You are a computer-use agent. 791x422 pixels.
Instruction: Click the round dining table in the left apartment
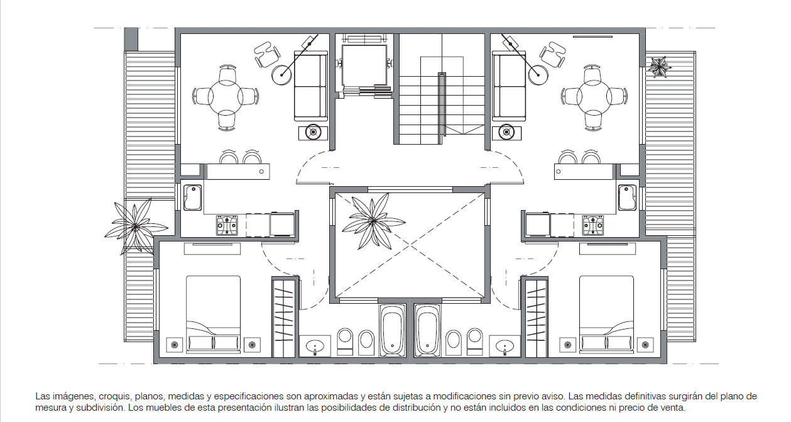[x=226, y=96]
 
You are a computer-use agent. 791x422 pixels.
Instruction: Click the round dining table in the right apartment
[x=594, y=96]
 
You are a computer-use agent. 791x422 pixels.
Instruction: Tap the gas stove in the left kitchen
[x=227, y=225]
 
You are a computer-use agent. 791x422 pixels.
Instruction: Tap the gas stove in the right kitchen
[x=593, y=225]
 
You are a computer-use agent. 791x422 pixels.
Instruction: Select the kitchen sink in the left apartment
[x=192, y=197]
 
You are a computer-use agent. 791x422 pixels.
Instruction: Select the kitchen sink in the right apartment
[x=628, y=197]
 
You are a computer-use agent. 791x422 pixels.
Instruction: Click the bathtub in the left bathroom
[x=392, y=330]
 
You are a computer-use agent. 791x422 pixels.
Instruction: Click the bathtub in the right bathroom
[x=427, y=330]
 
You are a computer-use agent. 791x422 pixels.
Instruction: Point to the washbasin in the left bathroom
[x=315, y=346]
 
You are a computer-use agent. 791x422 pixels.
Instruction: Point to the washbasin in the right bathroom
[x=505, y=346]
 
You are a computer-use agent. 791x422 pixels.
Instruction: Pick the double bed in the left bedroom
[x=213, y=314]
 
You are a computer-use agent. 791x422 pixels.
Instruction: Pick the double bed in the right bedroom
[x=607, y=314]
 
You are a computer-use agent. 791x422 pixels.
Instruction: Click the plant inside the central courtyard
[x=373, y=221]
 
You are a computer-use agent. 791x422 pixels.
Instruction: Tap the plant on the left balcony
[x=135, y=226]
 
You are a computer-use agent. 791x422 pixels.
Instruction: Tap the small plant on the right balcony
[x=659, y=67]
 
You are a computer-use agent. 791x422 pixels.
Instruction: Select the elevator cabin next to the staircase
[x=364, y=65]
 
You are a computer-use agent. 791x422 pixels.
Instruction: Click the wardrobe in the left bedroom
[x=283, y=317]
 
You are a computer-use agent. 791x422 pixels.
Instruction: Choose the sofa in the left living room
[x=311, y=86]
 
